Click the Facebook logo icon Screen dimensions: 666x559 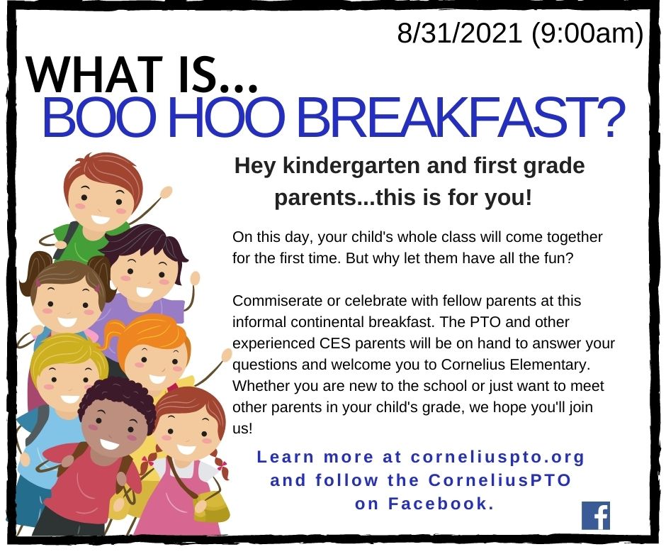tap(596, 515)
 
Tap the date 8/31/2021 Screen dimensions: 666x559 tap(459, 33)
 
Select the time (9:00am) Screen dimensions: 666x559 tap(587, 33)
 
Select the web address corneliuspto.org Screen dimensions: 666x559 tap(498, 457)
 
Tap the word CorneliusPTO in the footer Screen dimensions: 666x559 tap(499, 480)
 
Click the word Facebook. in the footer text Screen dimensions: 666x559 tap(441, 503)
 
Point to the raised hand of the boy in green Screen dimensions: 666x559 tap(166, 193)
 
